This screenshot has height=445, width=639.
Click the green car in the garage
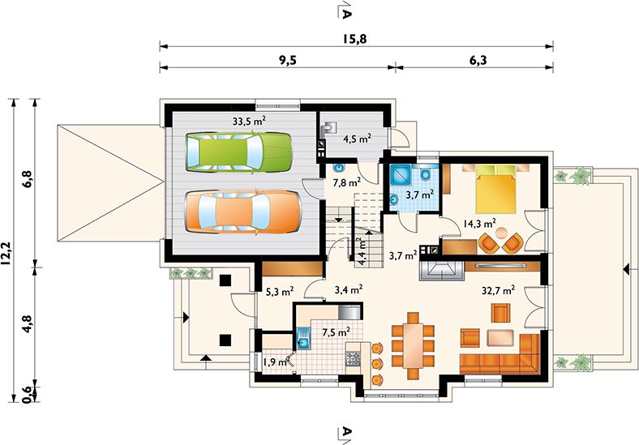point(239,152)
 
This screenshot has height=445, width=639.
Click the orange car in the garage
point(243,212)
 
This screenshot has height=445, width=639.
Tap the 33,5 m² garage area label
point(250,121)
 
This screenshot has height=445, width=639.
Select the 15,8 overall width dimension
point(354,39)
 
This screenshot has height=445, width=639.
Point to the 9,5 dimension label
point(288,60)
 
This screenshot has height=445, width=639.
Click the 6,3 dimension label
point(478,60)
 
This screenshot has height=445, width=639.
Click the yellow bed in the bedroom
point(495,189)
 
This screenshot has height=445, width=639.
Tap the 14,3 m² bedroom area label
point(480,223)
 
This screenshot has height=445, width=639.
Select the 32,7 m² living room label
point(498,290)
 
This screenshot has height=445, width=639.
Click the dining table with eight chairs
point(413,345)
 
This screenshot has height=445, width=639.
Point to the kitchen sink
point(303,339)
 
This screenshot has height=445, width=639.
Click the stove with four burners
point(353,358)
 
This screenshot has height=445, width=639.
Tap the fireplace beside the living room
point(441,270)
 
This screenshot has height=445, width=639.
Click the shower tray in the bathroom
point(401,176)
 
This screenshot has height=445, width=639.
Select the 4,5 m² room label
point(357,139)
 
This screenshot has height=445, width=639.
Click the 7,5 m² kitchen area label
point(337,332)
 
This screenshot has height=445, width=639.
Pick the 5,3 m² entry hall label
point(280,291)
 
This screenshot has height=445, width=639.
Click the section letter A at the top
point(345,14)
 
